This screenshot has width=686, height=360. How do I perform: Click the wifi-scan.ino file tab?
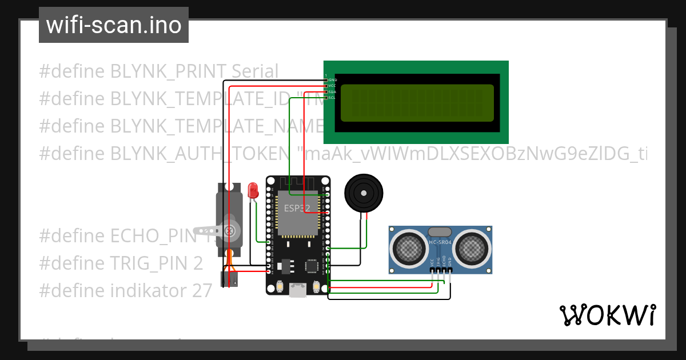click(x=114, y=25)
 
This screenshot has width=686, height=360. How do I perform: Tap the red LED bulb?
click(x=253, y=190)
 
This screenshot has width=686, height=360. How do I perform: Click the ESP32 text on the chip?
click(x=296, y=208)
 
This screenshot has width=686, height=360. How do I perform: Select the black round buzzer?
click(x=364, y=194)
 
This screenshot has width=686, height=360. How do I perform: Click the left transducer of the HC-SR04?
click(x=408, y=247)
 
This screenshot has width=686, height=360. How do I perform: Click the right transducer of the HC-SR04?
click(x=473, y=247)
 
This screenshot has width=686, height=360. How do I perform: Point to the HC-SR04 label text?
click(x=440, y=242)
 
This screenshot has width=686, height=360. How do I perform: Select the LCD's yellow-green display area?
click(x=417, y=103)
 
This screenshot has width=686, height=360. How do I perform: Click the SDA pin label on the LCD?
click(x=332, y=91)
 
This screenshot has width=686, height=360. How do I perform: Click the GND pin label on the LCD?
click(x=332, y=79)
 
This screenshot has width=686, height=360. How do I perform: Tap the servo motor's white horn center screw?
click(x=230, y=231)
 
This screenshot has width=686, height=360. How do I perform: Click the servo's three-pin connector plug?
click(x=229, y=279)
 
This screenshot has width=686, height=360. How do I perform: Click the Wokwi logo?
click(x=607, y=315)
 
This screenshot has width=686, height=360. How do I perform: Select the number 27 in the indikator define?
click(x=202, y=291)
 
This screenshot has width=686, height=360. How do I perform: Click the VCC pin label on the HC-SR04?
click(x=431, y=263)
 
